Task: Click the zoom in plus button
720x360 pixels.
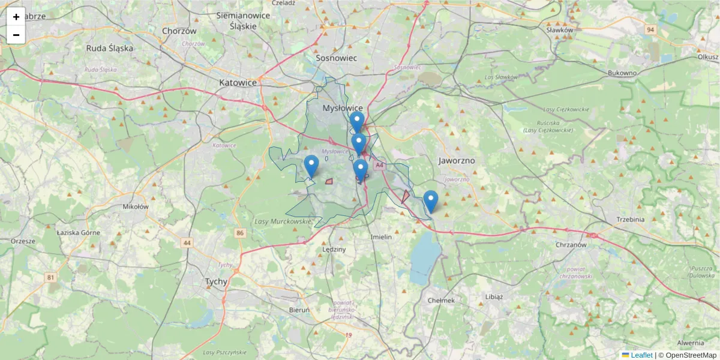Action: [16, 17]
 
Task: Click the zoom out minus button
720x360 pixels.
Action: [16, 35]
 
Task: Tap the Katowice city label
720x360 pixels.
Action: [238, 82]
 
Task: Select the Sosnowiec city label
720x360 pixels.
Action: [337, 58]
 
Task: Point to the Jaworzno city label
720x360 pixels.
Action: [457, 161]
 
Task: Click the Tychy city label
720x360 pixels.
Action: [216, 281]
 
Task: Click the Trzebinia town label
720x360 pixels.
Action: [630, 219]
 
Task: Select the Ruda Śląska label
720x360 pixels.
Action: [109, 48]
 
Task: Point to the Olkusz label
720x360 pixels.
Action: [707, 56]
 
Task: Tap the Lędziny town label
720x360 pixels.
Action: [334, 249]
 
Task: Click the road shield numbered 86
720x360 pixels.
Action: [241, 232]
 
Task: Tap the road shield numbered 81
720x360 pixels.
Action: [50, 277]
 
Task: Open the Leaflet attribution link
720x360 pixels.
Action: [641, 355]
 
